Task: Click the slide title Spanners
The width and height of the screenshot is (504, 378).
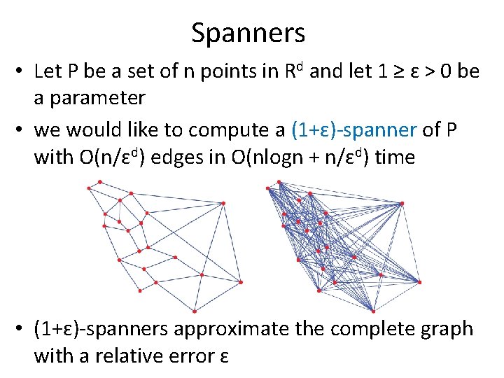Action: coord(248,33)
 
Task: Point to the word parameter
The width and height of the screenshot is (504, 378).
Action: coord(90,97)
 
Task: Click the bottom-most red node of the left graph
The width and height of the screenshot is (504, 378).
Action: coord(194,311)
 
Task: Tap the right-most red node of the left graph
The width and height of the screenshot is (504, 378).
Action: coord(241,282)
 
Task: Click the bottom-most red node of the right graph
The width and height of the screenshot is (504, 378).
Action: coord(373,311)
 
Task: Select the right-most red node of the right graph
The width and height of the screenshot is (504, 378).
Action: coord(420,281)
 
